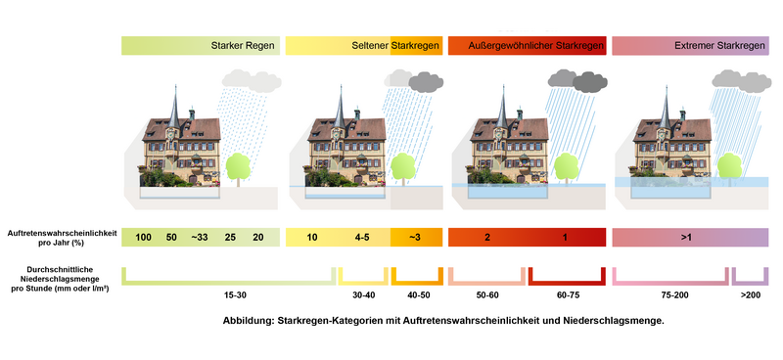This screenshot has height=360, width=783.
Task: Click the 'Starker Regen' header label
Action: (243, 46)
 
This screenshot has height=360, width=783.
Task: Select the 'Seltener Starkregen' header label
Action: (396, 46)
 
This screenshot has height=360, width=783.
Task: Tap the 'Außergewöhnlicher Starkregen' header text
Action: (536, 46)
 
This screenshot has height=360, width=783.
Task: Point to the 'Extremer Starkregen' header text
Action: (719, 46)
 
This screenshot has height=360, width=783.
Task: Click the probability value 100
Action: (143, 238)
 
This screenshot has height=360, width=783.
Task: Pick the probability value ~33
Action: (200, 238)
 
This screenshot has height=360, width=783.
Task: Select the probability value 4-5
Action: (362, 238)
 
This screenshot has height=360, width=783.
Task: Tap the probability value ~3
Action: (415, 238)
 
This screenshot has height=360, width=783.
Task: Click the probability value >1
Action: (686, 238)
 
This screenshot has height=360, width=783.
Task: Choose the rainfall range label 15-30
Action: (235, 295)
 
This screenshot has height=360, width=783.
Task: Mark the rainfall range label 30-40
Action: (363, 295)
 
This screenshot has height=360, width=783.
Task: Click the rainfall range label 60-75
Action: (568, 295)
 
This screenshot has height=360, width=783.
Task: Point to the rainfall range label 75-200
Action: (675, 295)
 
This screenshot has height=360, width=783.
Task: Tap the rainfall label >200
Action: (751, 295)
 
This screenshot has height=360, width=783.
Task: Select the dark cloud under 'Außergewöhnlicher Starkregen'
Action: (590, 82)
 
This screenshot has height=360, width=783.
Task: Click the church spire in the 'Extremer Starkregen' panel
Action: (666, 108)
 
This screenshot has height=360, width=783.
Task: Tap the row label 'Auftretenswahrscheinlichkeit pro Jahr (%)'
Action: (62, 237)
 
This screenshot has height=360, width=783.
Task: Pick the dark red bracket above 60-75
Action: (568, 282)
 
